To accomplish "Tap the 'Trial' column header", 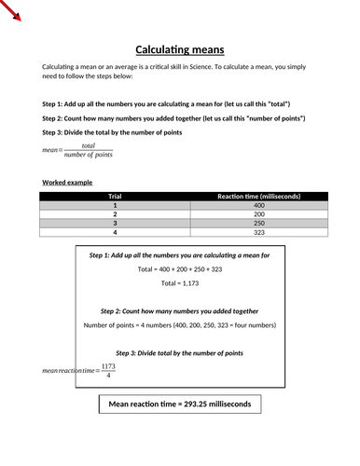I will [115, 196].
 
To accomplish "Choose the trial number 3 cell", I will [115, 224].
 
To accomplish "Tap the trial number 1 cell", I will [115, 205].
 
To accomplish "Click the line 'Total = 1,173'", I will [179, 282].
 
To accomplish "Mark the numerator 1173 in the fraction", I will [108, 365].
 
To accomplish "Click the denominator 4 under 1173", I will [108, 377].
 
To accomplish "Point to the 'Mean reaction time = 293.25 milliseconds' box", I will [179, 404].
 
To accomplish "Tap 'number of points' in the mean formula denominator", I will [89, 154].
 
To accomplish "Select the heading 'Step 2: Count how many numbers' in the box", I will [179, 310].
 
